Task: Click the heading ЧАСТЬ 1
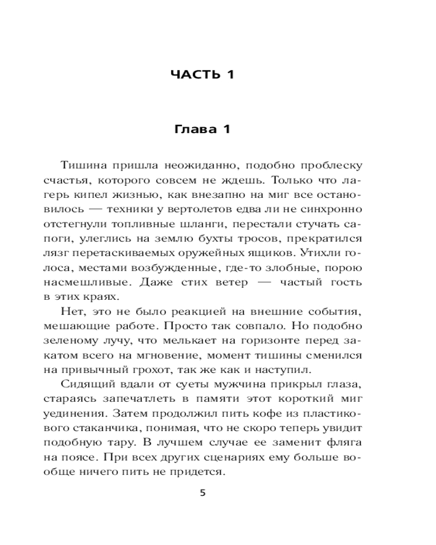coord(202,74)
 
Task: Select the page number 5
coord(203,493)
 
